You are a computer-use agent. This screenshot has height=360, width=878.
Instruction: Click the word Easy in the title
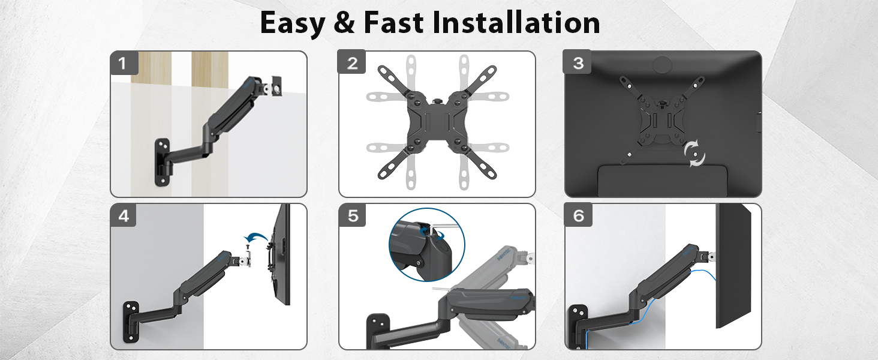(293, 23)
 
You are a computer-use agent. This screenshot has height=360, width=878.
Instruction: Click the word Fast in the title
(393, 22)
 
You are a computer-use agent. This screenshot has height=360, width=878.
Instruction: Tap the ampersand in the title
(344, 22)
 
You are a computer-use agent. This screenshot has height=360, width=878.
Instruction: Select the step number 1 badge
(124, 63)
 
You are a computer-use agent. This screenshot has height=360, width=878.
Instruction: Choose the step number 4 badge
(124, 215)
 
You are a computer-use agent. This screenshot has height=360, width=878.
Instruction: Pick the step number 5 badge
(352, 215)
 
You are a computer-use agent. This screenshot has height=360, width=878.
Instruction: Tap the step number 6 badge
(578, 215)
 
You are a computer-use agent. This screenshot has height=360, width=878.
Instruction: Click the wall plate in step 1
(163, 161)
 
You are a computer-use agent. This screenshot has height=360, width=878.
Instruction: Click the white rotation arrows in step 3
(694, 153)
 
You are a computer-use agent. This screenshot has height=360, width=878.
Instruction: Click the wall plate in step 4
(131, 322)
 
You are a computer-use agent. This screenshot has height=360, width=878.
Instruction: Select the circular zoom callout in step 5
(427, 244)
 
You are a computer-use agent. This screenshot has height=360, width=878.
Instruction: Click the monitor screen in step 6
(733, 266)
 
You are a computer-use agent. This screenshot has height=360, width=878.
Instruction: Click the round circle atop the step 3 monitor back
(662, 64)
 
